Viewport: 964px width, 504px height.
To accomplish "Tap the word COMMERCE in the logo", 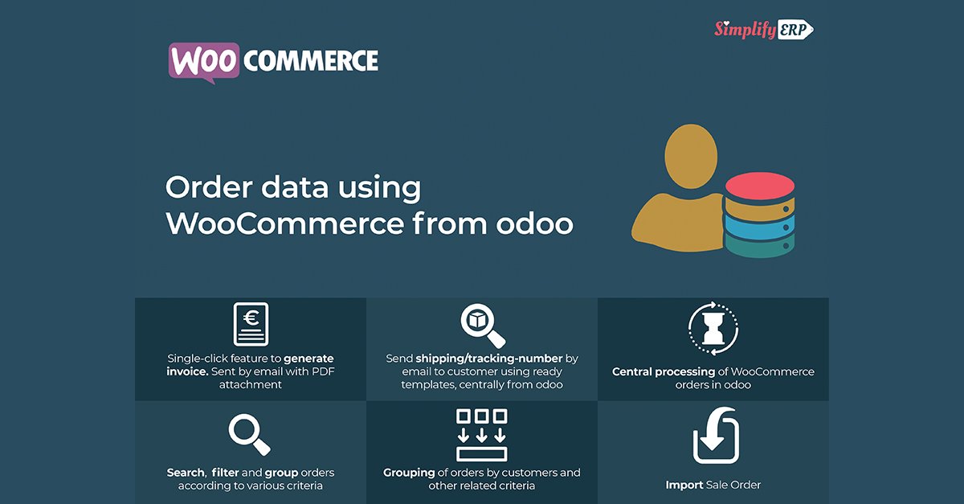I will click(x=310, y=61).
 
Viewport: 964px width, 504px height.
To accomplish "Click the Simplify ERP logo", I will click(x=763, y=30).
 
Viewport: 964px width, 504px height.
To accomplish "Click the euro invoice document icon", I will click(x=251, y=326).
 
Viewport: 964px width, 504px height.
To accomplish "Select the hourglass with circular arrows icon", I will click(x=713, y=329).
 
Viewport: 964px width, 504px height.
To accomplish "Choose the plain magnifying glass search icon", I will click(x=249, y=435).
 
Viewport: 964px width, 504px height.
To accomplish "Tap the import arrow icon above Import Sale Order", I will click(x=715, y=436).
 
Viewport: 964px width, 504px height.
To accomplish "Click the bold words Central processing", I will click(x=664, y=372).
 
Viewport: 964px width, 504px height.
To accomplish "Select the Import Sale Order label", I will click(x=713, y=485).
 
